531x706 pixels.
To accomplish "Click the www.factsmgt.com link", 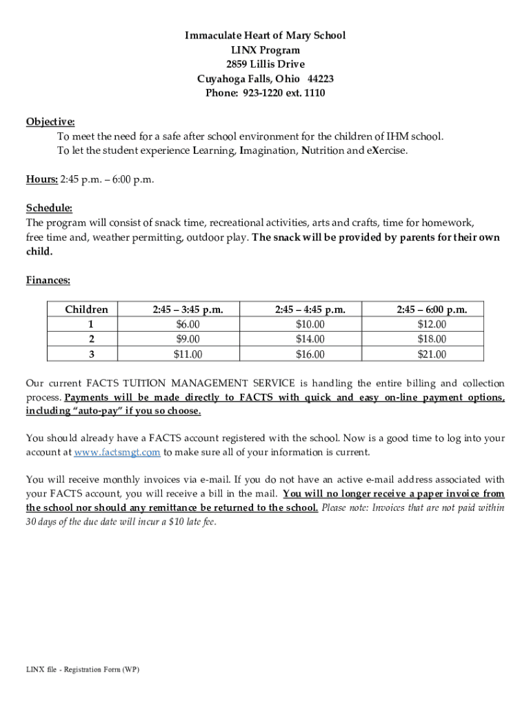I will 117,452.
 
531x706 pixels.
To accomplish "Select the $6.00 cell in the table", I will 188,324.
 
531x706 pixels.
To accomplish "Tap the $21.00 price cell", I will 432,354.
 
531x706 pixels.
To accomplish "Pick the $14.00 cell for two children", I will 310,339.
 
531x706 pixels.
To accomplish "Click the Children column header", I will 87,310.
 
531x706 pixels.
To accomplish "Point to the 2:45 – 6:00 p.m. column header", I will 432,310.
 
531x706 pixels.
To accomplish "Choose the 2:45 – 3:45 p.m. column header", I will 188,310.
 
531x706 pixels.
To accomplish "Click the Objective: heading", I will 50,121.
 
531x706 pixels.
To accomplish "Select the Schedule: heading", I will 49,208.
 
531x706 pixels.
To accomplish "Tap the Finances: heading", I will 48,280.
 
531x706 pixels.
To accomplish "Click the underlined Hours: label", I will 41,179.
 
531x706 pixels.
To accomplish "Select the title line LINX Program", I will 265,50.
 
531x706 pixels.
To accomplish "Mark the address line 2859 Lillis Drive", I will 265,64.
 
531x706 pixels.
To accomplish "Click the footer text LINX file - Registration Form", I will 82,669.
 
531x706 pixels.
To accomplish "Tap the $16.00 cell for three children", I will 310,354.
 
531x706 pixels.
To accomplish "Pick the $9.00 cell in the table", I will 188,339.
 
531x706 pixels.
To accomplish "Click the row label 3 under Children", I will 91,354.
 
